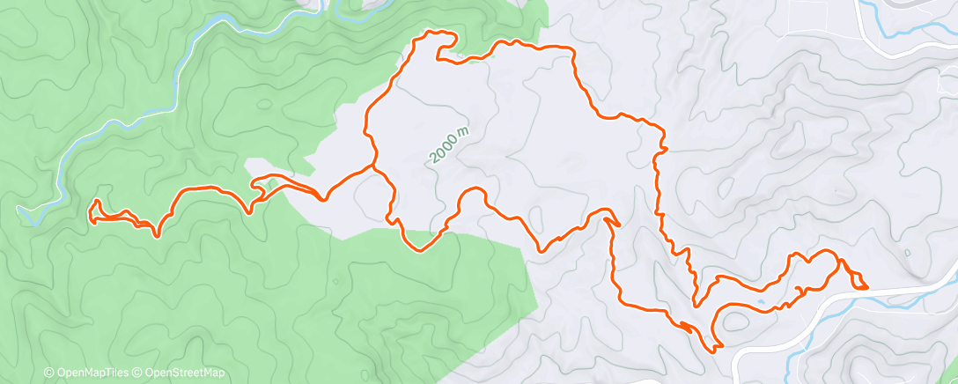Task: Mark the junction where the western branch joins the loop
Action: tap(373, 165)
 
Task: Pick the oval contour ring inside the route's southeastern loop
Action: tap(740, 321)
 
